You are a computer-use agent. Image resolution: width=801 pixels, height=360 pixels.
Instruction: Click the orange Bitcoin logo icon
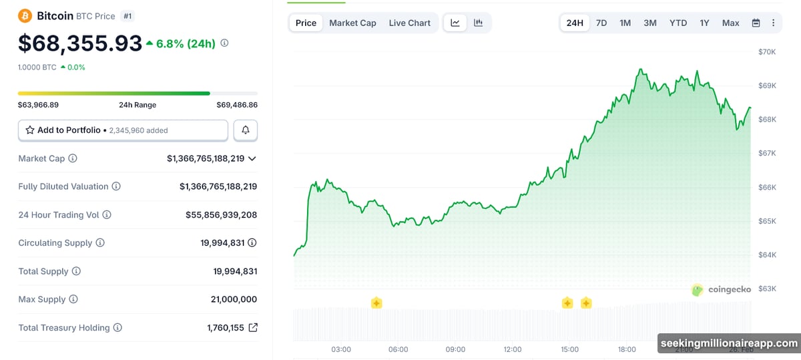pyautogui.click(x=25, y=15)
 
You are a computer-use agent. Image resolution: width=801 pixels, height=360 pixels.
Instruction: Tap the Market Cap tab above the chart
pyautogui.click(x=352, y=23)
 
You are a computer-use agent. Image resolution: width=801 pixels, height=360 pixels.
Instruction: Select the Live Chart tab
pyautogui.click(x=409, y=23)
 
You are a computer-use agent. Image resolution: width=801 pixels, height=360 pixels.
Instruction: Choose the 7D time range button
pyautogui.click(x=601, y=23)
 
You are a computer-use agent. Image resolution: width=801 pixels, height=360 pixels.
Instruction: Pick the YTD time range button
pyautogui.click(x=678, y=23)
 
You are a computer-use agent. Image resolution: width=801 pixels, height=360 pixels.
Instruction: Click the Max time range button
pyautogui.click(x=730, y=23)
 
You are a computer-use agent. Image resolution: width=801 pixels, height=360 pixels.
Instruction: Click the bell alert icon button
pyautogui.click(x=246, y=130)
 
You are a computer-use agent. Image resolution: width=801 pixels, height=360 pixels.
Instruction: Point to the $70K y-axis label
pyautogui.click(x=766, y=52)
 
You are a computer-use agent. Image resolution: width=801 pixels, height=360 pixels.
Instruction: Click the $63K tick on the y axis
pyautogui.click(x=766, y=289)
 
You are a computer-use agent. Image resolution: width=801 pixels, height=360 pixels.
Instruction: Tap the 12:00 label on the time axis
pyautogui.click(x=513, y=349)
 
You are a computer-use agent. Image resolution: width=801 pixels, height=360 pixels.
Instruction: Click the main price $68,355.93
pyautogui.click(x=80, y=43)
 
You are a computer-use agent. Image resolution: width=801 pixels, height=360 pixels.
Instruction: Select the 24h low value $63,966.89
pyautogui.click(x=39, y=105)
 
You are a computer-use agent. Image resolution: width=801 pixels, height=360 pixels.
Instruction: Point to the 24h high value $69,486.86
pyautogui.click(x=237, y=105)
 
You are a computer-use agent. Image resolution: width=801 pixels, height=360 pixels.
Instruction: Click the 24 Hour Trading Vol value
pyautogui.click(x=221, y=215)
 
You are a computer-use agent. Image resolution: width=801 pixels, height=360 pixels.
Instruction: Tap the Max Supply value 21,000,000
pyautogui.click(x=234, y=299)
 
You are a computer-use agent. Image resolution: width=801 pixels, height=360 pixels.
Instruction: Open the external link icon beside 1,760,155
pyautogui.click(x=253, y=328)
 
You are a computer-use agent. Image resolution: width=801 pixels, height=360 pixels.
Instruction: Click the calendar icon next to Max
pyautogui.click(x=756, y=23)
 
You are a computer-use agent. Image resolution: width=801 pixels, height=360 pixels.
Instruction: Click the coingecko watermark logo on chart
pyautogui.click(x=721, y=289)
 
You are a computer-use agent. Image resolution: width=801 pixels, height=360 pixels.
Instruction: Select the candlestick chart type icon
pyautogui.click(x=479, y=23)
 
